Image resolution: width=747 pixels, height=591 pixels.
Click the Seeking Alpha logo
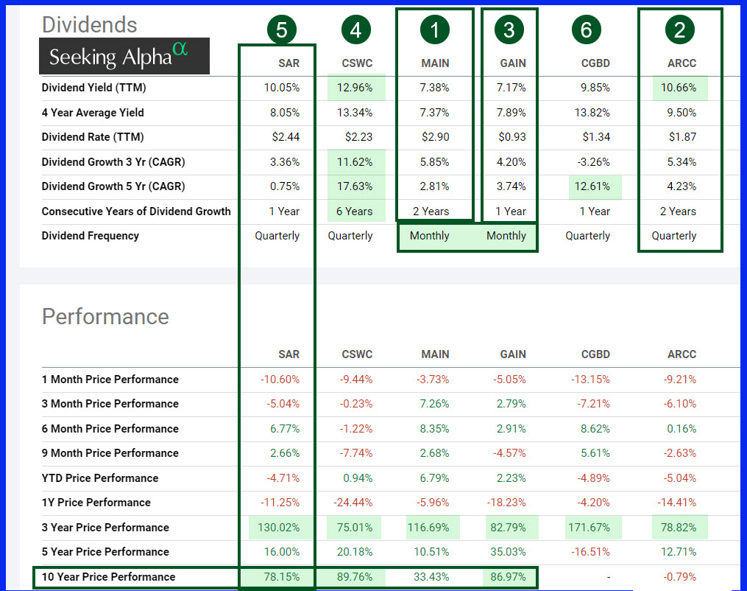click(124, 56)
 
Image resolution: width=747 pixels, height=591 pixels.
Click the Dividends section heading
click(89, 24)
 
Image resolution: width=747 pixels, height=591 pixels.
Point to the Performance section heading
click(105, 316)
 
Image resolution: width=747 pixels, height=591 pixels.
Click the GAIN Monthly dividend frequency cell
click(506, 236)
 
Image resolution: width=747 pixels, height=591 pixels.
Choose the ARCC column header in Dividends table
click(681, 63)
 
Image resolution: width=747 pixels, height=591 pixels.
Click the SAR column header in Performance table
click(288, 354)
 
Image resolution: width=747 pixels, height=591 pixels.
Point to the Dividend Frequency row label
click(90, 236)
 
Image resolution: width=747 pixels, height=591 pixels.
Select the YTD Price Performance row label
click(100, 478)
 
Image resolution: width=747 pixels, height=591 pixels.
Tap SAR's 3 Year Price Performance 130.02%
click(279, 528)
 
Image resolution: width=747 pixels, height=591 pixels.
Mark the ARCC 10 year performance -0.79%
click(680, 577)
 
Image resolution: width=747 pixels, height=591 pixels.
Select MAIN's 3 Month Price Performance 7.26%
click(434, 404)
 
